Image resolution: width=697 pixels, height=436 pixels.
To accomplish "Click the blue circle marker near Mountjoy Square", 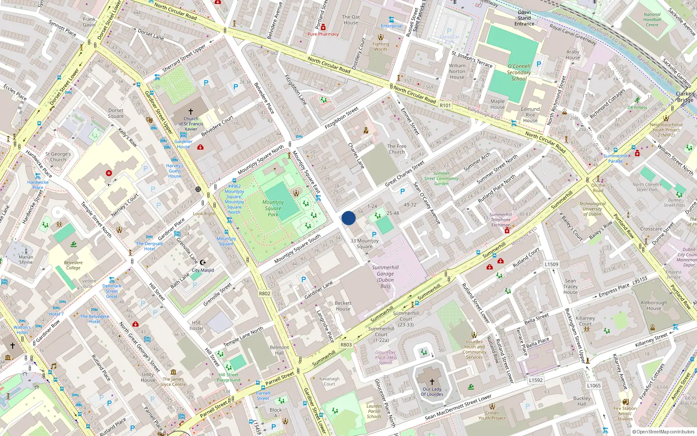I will pyautogui.click(x=348, y=218).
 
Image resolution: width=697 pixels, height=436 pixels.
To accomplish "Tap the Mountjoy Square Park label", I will pyautogui.click(x=273, y=208).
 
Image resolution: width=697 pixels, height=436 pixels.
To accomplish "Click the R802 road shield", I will pyautogui.click(x=264, y=293).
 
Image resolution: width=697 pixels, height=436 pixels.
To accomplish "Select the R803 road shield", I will pyautogui.click(x=346, y=344).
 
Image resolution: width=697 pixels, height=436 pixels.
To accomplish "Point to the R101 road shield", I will pyautogui.click(x=445, y=106).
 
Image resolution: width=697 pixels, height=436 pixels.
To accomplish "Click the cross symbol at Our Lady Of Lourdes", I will pyautogui.click(x=432, y=382).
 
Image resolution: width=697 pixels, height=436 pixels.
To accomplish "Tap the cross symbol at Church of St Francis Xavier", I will pyautogui.click(x=190, y=112).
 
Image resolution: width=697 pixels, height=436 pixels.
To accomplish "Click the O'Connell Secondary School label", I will pyautogui.click(x=519, y=72).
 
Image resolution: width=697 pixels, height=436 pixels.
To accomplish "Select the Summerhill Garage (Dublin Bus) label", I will pyautogui.click(x=385, y=277).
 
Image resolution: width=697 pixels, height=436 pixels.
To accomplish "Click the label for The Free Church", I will pyautogui.click(x=396, y=149).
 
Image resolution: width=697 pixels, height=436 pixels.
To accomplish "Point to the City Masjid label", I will pyautogui.click(x=203, y=270).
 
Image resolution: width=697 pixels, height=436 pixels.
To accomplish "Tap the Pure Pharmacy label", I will pyautogui.click(x=323, y=34).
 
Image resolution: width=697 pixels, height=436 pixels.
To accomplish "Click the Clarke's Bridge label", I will pyautogui.click(x=685, y=97).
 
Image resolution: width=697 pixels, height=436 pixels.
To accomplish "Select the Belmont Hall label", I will pyautogui.click(x=279, y=350).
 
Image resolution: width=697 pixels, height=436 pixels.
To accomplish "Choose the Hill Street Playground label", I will pyautogui.click(x=228, y=378).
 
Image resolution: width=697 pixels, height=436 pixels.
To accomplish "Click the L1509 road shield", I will pyautogui.click(x=552, y=264).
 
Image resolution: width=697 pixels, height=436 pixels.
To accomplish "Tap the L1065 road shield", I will pyautogui.click(x=594, y=385).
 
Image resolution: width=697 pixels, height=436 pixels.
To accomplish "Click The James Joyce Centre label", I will pyautogui.click(x=173, y=382).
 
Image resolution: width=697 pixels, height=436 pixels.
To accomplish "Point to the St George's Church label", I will pyautogui.click(x=58, y=157).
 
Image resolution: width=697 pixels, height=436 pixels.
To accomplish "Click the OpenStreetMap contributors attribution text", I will pyautogui.click(x=663, y=432).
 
